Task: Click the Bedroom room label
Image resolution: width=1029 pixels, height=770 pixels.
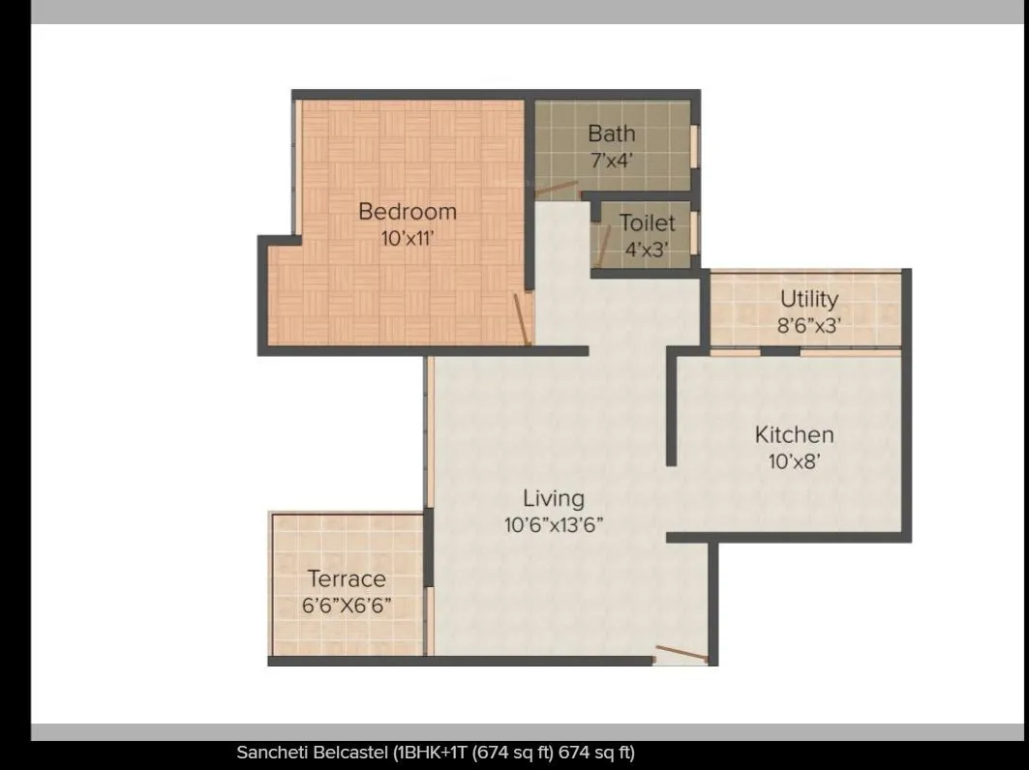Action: pyautogui.click(x=407, y=211)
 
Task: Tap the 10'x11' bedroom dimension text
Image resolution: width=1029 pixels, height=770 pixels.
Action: pyautogui.click(x=407, y=237)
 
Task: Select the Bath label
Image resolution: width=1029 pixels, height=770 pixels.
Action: pyautogui.click(x=612, y=133)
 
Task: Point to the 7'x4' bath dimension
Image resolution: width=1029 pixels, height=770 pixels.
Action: pyautogui.click(x=612, y=160)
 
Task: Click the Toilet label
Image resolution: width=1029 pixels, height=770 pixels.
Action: pyautogui.click(x=647, y=223)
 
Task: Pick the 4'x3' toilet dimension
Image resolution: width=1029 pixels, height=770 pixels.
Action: pyautogui.click(x=647, y=249)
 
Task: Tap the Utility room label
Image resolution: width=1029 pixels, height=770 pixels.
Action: pyautogui.click(x=808, y=299)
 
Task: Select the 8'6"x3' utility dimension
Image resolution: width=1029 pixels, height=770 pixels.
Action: pyautogui.click(x=808, y=325)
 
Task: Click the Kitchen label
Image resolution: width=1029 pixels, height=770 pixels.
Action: pyautogui.click(x=794, y=435)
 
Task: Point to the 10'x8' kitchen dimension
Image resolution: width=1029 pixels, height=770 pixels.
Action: pyautogui.click(x=794, y=461)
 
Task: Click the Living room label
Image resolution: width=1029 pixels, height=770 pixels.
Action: pyautogui.click(x=554, y=498)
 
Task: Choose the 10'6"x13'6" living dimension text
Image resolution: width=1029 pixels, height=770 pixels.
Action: pyautogui.click(x=554, y=525)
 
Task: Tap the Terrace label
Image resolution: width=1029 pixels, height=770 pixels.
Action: pyautogui.click(x=347, y=579)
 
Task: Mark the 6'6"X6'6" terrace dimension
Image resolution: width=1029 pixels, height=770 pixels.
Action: pyautogui.click(x=347, y=607)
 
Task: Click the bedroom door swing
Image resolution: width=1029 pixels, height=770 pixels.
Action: pyautogui.click(x=523, y=319)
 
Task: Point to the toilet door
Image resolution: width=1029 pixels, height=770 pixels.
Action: pyautogui.click(x=603, y=247)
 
